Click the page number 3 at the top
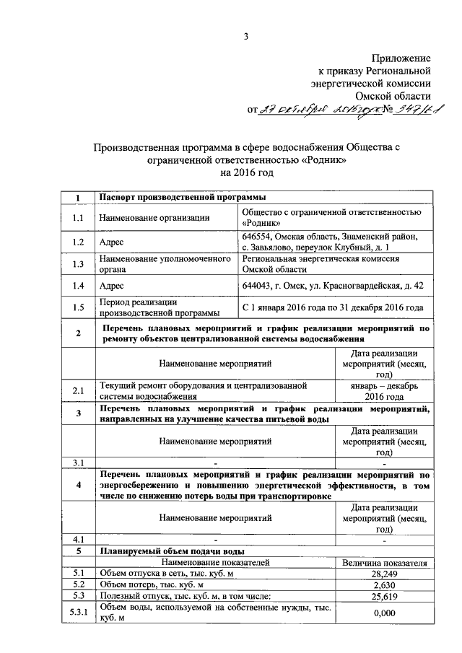click(x=246, y=38)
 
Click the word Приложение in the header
click(x=401, y=58)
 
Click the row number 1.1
click(x=78, y=217)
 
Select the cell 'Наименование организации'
click(x=155, y=217)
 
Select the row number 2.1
click(x=78, y=391)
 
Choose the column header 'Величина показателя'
click(x=384, y=562)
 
